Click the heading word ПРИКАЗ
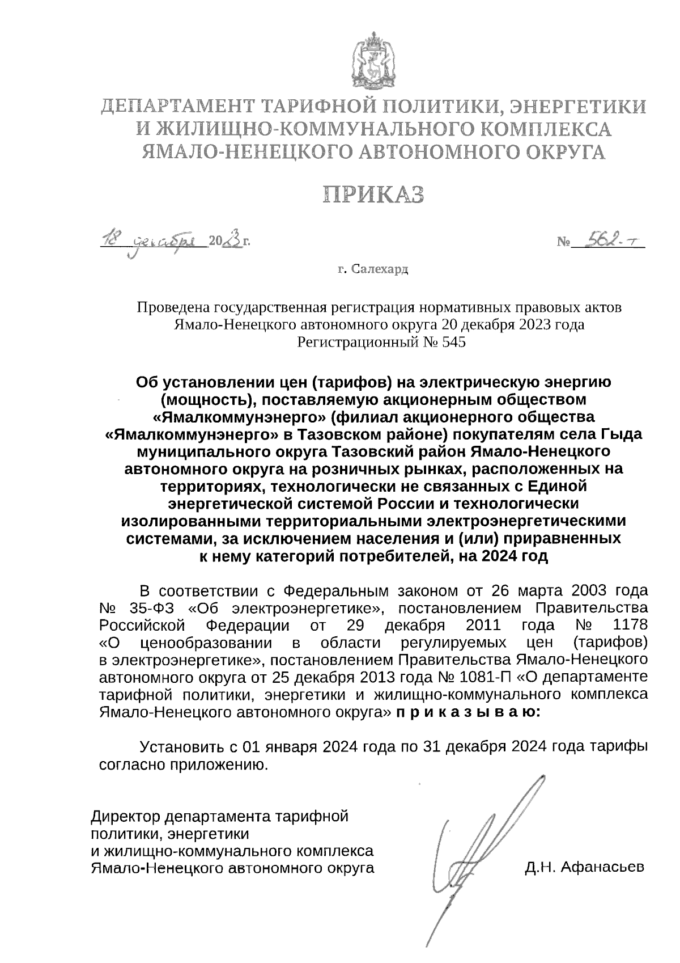[374, 195]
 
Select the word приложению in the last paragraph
[218, 765]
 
